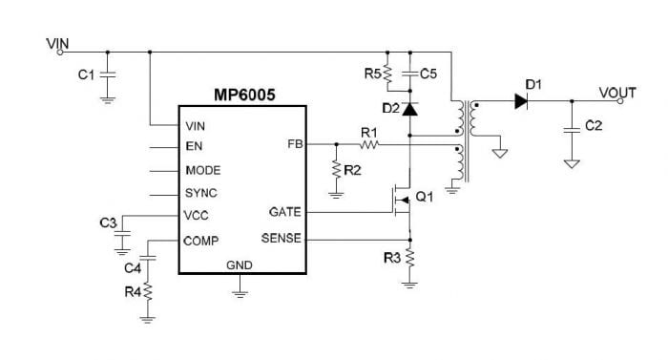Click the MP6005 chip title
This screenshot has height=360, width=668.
point(244,97)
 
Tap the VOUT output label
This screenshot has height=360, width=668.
point(617,92)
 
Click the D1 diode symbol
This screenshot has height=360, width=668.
point(521,100)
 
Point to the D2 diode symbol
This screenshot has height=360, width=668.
point(409,110)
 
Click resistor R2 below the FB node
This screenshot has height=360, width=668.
point(336,169)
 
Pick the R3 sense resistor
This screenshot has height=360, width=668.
point(409,257)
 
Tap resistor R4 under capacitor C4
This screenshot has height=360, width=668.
point(148,290)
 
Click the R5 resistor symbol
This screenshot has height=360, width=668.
point(387,73)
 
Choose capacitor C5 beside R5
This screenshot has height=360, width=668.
point(409,73)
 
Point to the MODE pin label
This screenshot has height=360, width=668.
point(203,170)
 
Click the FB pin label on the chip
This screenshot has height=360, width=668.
point(294,145)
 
